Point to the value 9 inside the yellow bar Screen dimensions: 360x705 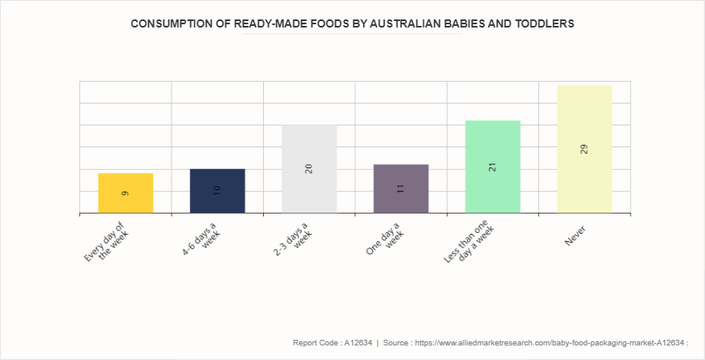125,193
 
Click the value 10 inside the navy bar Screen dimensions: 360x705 217,191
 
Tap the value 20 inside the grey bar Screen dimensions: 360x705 309,168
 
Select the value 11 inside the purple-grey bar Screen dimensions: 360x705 401,188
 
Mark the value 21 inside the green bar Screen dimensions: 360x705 492,167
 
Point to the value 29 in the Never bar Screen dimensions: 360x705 584,149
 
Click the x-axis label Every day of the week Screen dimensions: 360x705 107,241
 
